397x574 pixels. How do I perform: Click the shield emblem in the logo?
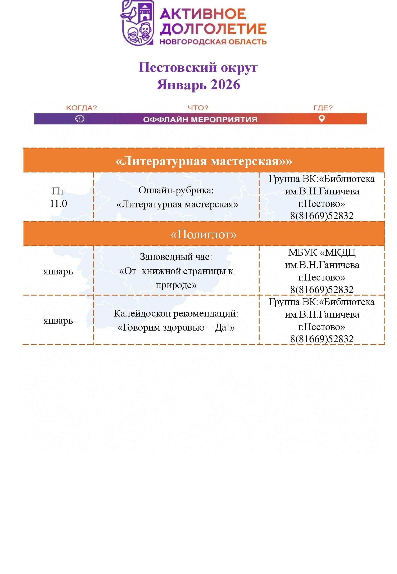pos(137,23)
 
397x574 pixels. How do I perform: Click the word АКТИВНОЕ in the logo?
pos(203,14)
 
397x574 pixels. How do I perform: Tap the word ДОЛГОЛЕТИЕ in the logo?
pos(213,29)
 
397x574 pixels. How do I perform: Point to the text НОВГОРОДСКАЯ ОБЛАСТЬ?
pos(213,42)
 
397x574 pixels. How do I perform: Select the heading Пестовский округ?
pos(198,67)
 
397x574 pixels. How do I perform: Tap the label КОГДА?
pos(82,108)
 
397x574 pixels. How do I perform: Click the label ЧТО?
pos(198,108)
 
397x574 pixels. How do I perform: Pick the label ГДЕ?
pos(323,108)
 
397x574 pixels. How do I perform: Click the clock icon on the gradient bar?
pos(80,119)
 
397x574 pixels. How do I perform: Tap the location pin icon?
pos(322,119)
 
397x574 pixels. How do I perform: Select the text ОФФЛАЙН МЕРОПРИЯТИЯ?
pos(200,119)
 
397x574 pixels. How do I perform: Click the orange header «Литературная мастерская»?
pos(204,161)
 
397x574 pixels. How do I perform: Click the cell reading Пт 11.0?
pos(58,197)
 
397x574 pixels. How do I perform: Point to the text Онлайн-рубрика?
pos(176,190)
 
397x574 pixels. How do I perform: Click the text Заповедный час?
pos(176,257)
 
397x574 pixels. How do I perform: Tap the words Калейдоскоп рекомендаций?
pos(176,313)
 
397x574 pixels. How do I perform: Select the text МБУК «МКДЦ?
pos(322,252)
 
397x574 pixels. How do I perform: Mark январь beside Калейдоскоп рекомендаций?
pos(58,321)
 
